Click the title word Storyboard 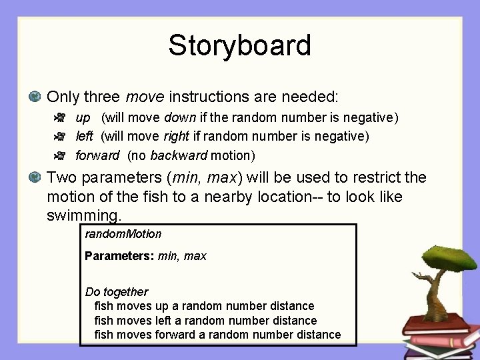point(239,45)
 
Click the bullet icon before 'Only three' point(35,97)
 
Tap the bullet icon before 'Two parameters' point(35,178)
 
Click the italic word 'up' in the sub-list point(83,118)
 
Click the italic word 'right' point(177,137)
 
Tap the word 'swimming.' point(85,215)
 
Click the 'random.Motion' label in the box point(123,234)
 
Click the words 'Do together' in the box point(117,292)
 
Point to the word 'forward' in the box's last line point(176,335)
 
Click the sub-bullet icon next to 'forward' point(59,156)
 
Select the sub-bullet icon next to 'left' point(59,137)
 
